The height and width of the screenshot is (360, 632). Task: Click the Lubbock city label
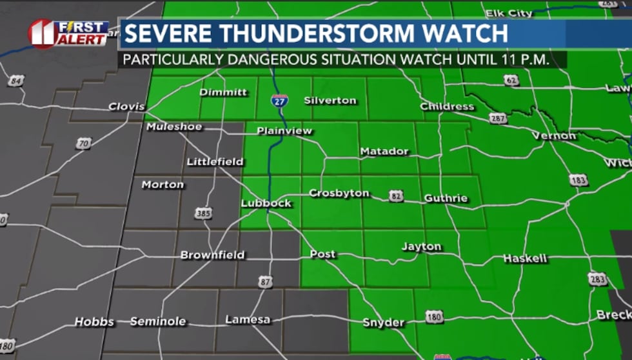tap(266, 203)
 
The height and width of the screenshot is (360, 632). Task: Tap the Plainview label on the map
tap(284, 131)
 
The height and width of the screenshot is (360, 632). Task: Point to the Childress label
tap(447, 106)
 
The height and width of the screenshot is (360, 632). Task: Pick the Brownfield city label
tap(212, 255)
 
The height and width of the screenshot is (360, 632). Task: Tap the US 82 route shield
tap(397, 195)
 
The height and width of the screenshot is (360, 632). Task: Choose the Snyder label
tap(383, 323)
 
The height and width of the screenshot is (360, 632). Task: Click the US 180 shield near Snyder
tap(435, 316)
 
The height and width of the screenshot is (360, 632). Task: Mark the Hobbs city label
tap(94, 321)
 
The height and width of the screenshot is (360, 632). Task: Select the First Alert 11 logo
tap(68, 34)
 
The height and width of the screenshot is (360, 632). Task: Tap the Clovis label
tap(127, 106)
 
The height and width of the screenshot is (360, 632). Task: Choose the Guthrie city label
tap(446, 198)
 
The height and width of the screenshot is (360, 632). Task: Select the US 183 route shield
tap(578, 179)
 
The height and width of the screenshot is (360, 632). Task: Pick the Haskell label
tap(524, 259)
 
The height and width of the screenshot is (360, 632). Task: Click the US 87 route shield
tap(265, 281)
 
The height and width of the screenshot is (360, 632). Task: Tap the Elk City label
tap(509, 13)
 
